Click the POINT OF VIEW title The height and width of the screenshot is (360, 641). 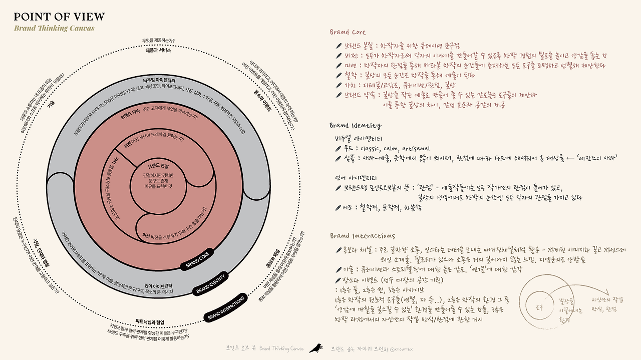[x=59, y=17]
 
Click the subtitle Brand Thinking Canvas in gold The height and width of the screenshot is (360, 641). [x=54, y=29]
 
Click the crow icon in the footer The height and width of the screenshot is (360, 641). [x=315, y=348]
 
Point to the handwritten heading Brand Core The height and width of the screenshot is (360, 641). [x=348, y=32]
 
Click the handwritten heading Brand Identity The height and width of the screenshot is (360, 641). [x=355, y=125]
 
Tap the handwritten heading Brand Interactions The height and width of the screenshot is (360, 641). [x=362, y=236]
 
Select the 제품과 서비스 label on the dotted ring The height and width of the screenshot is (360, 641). [x=158, y=51]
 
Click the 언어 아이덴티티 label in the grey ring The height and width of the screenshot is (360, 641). [x=158, y=272]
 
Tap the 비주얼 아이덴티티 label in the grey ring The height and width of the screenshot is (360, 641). [x=159, y=80]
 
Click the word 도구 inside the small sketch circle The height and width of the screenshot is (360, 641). [x=539, y=306]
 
